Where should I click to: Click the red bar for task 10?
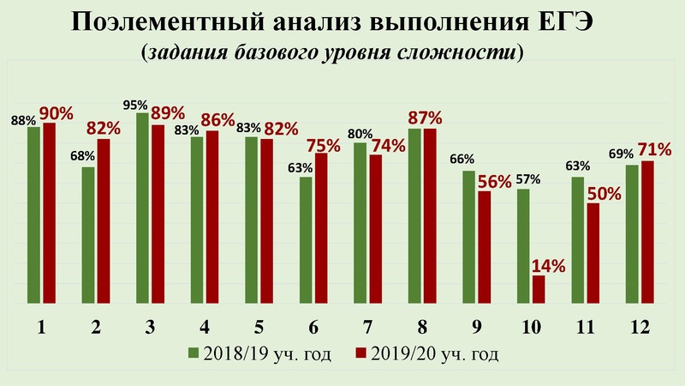[x=539, y=288]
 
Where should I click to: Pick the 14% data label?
[x=548, y=265]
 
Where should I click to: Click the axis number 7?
[x=366, y=327]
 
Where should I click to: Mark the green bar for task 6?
[x=306, y=240]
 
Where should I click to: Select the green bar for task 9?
[x=468, y=236]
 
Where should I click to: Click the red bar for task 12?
[x=648, y=232]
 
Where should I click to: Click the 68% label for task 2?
[x=83, y=157]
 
